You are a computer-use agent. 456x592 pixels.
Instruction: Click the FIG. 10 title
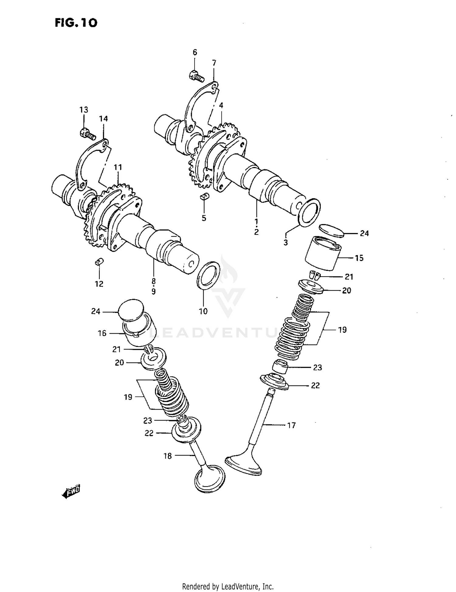[x=76, y=23]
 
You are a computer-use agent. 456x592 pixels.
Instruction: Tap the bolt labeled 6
[x=196, y=75]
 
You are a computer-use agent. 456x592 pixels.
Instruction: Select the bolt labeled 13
[x=87, y=134]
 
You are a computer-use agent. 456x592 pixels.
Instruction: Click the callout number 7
[x=214, y=63]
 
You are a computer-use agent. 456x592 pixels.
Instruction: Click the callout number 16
[x=102, y=333]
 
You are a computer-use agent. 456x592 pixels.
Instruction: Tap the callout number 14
[x=103, y=119]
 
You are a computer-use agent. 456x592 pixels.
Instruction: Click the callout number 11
[x=118, y=167]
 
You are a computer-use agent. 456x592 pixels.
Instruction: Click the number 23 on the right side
[x=317, y=368]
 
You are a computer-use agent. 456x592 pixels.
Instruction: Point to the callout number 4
[x=221, y=105]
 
